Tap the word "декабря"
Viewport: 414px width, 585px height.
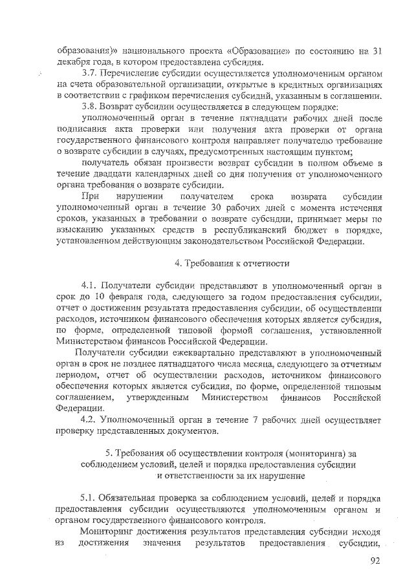[x=74, y=63]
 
